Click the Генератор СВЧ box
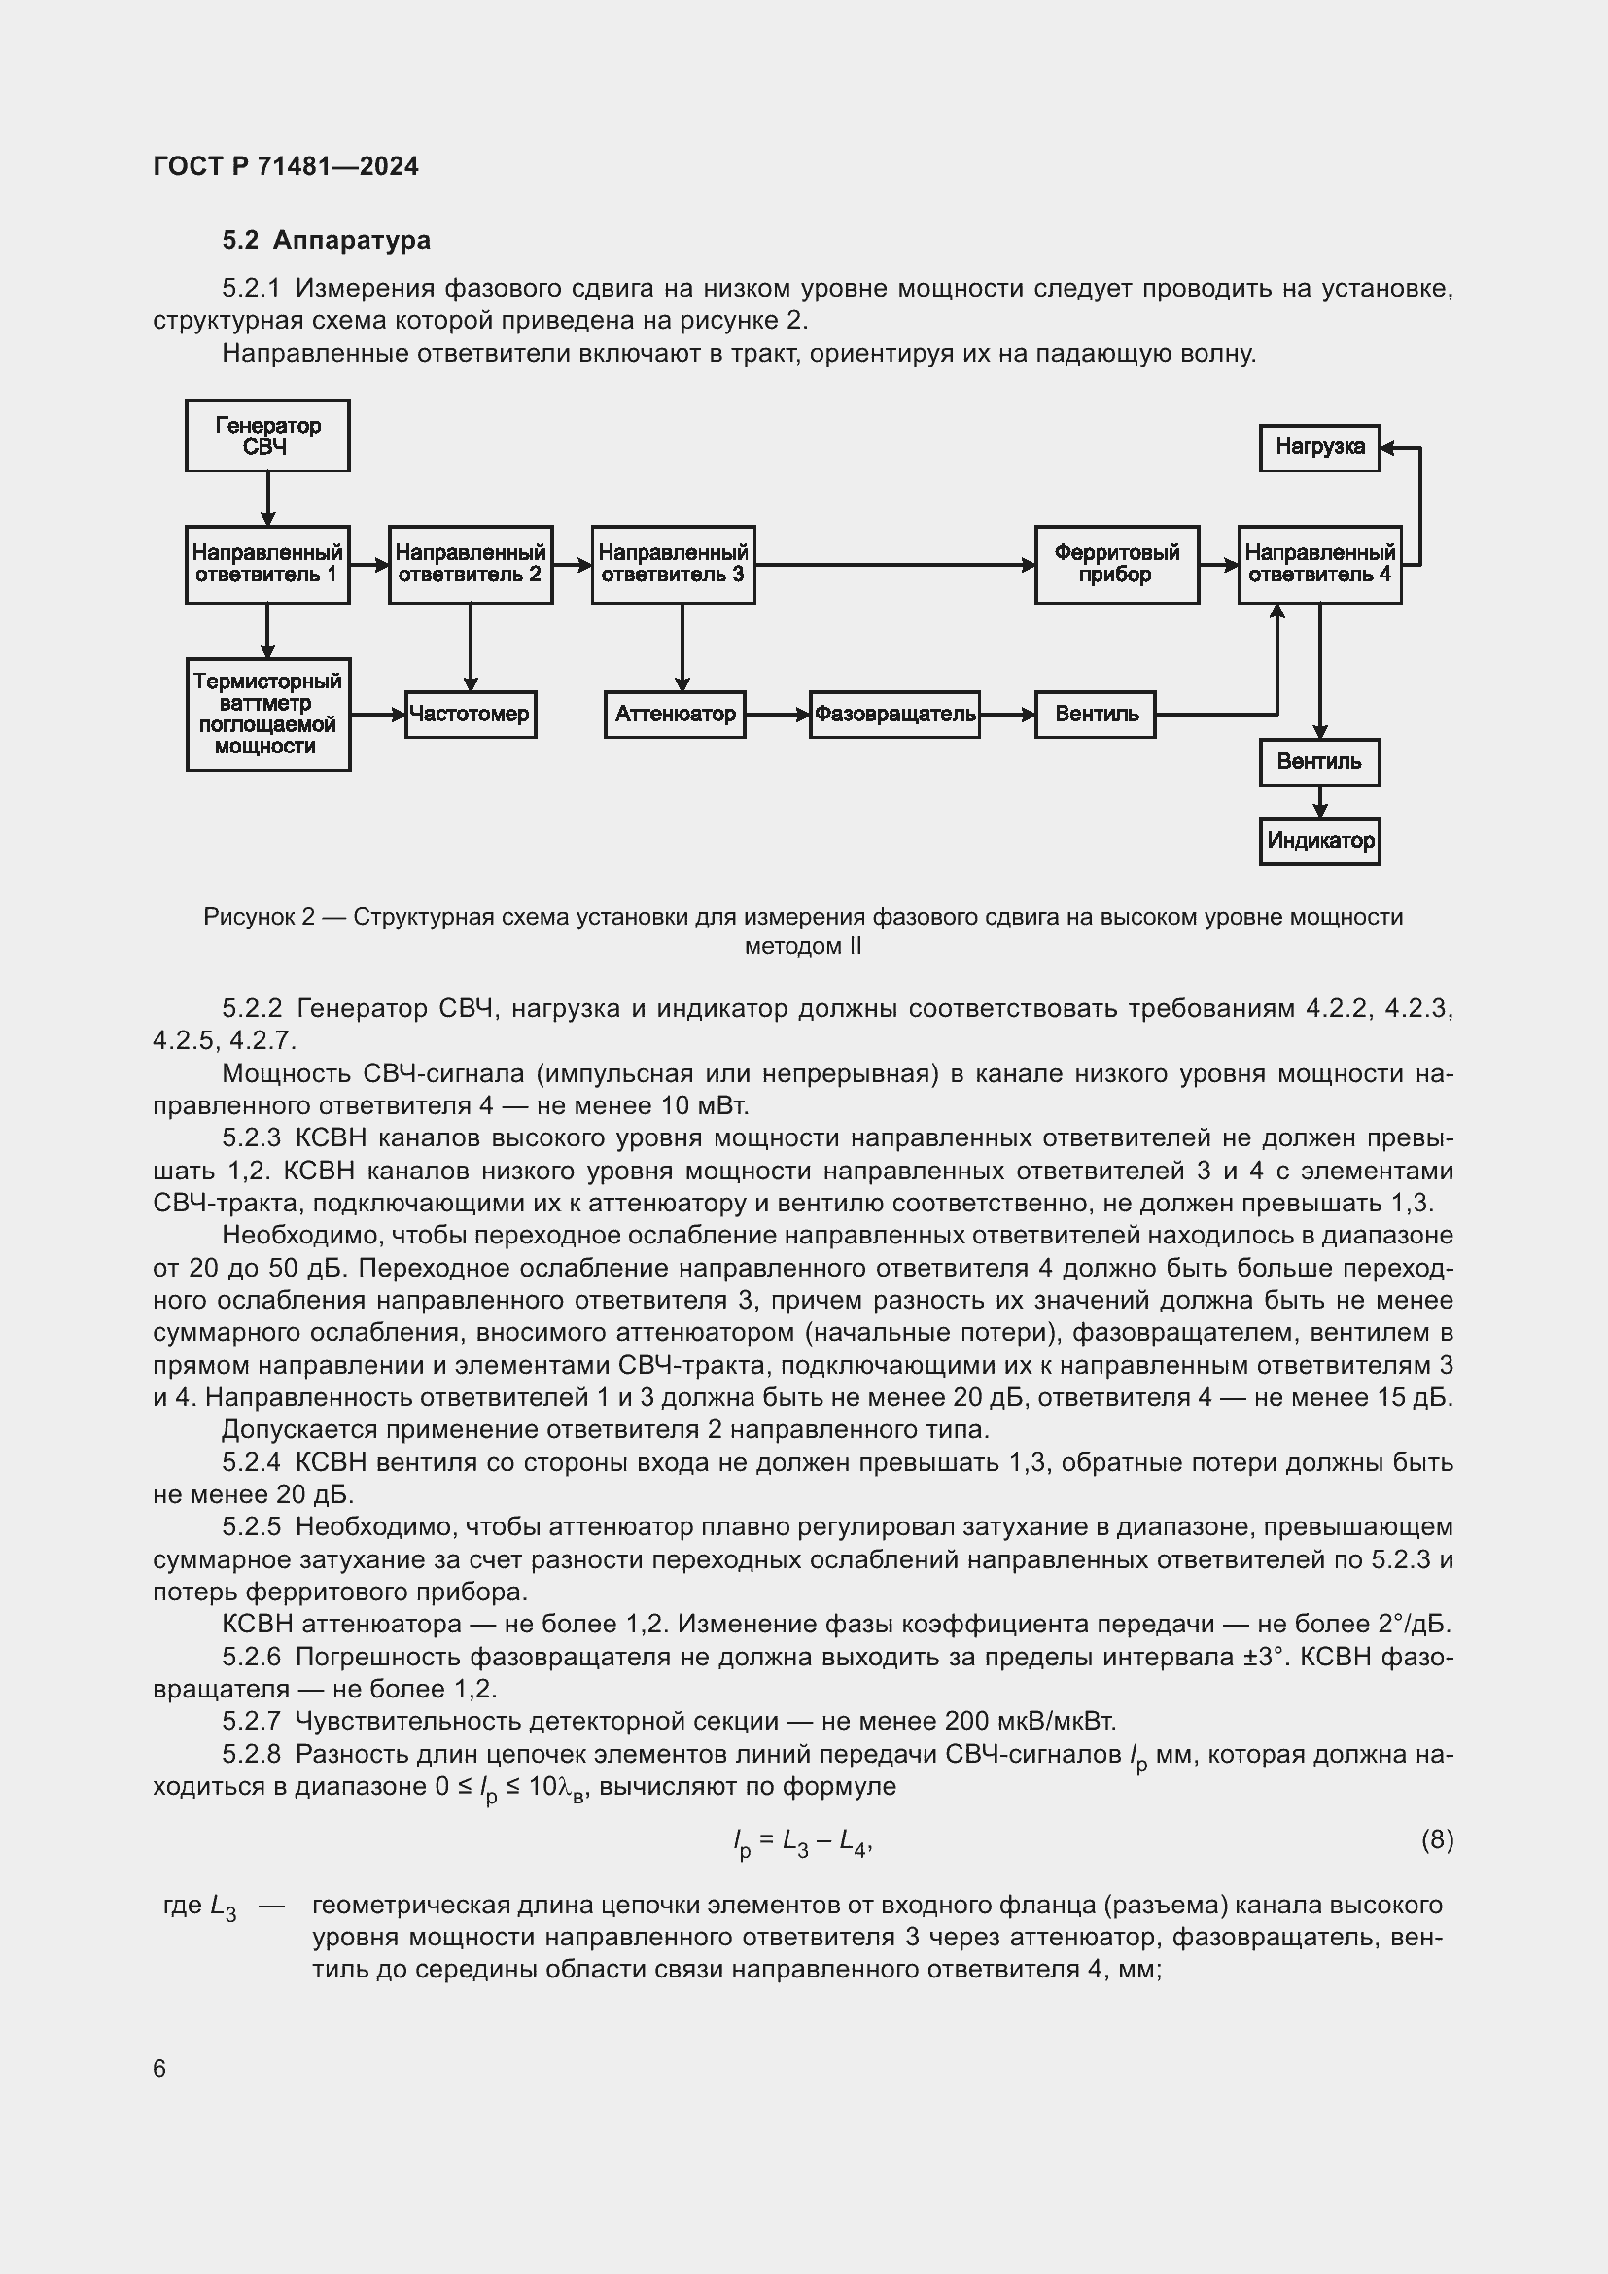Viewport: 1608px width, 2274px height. pyautogui.click(x=267, y=436)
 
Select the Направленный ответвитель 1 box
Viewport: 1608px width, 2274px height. pyautogui.click(x=267, y=565)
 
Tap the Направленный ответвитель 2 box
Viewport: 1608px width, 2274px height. pyautogui.click(x=471, y=565)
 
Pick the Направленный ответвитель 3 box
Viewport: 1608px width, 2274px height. pyautogui.click(x=674, y=565)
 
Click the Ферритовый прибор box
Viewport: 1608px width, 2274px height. pyautogui.click(x=1117, y=565)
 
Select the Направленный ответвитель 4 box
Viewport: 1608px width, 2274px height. pyautogui.click(x=1320, y=565)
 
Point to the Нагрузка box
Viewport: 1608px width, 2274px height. pyautogui.click(x=1320, y=447)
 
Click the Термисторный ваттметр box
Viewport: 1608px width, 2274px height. pyautogui.click(x=268, y=715)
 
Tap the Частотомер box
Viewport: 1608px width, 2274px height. pyautogui.click(x=471, y=715)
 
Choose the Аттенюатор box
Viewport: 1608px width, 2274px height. pyautogui.click(x=675, y=715)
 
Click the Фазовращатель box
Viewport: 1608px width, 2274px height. pyautogui.click(x=894, y=715)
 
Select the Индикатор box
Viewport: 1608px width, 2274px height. pyautogui.click(x=1320, y=841)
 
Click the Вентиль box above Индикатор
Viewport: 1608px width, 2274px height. pyautogui.click(x=1320, y=762)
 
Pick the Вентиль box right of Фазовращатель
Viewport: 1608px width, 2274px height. pyautogui.click(x=1095, y=715)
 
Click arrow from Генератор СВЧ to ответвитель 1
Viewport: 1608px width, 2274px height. pyautogui.click(x=267, y=498)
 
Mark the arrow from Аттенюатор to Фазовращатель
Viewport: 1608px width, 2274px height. pyautogui.click(x=778, y=715)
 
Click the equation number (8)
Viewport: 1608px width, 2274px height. pyautogui.click(x=1437, y=1840)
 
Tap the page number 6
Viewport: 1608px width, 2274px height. pyautogui.click(x=159, y=2068)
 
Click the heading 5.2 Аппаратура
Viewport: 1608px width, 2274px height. pyautogui.click(x=326, y=241)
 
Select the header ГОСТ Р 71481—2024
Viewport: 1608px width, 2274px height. pyautogui.click(x=286, y=166)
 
